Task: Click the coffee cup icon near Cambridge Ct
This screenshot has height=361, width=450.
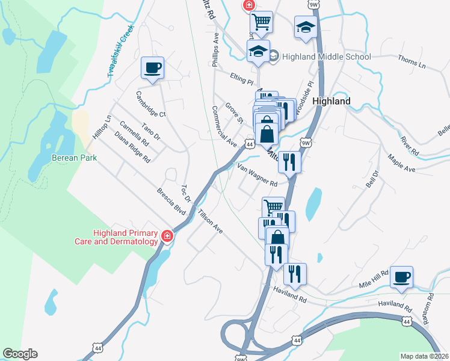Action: tap(152, 67)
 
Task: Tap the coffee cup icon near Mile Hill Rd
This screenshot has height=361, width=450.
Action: tap(401, 277)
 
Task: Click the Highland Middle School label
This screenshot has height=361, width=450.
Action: tap(319, 57)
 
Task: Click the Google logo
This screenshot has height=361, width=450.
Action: tap(20, 354)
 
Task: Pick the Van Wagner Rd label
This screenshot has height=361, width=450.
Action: tap(257, 176)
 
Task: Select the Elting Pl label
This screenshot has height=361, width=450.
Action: tap(242, 79)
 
